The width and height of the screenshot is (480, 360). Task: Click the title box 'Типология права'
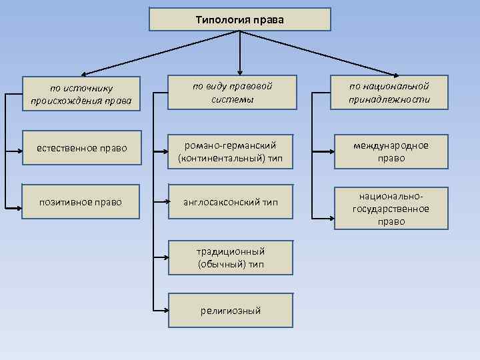[x=239, y=19]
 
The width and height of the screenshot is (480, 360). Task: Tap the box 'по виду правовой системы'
[x=230, y=93]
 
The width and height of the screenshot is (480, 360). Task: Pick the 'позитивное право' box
[x=81, y=201]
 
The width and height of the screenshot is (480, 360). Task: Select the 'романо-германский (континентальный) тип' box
[x=230, y=151]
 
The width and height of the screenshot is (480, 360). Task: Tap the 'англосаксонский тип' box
[x=230, y=201]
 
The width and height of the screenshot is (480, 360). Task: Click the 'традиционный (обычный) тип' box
[x=230, y=257]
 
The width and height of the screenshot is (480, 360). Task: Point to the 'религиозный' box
[x=230, y=310]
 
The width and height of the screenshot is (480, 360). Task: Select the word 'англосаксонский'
[x=221, y=201]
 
